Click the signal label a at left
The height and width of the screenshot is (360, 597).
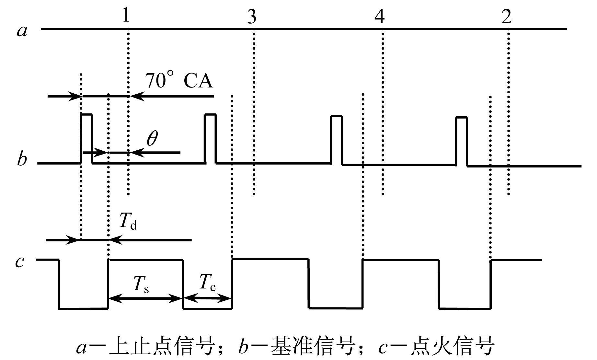click(x=22, y=31)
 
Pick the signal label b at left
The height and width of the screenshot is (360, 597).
click(x=22, y=159)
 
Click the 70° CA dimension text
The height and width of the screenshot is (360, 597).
click(x=178, y=80)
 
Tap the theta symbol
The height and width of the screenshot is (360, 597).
click(x=152, y=139)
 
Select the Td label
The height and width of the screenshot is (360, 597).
click(x=128, y=221)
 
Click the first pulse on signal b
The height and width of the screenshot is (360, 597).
click(x=86, y=139)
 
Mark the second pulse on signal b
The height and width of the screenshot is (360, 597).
click(x=210, y=139)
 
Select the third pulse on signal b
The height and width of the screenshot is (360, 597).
click(x=337, y=140)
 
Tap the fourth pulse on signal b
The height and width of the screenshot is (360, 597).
click(x=462, y=142)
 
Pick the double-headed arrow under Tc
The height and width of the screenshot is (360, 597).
click(x=207, y=298)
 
